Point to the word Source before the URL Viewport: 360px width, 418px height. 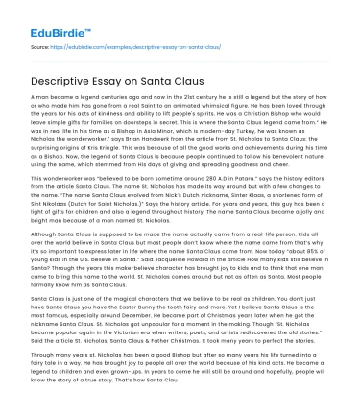coord(40,46)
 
